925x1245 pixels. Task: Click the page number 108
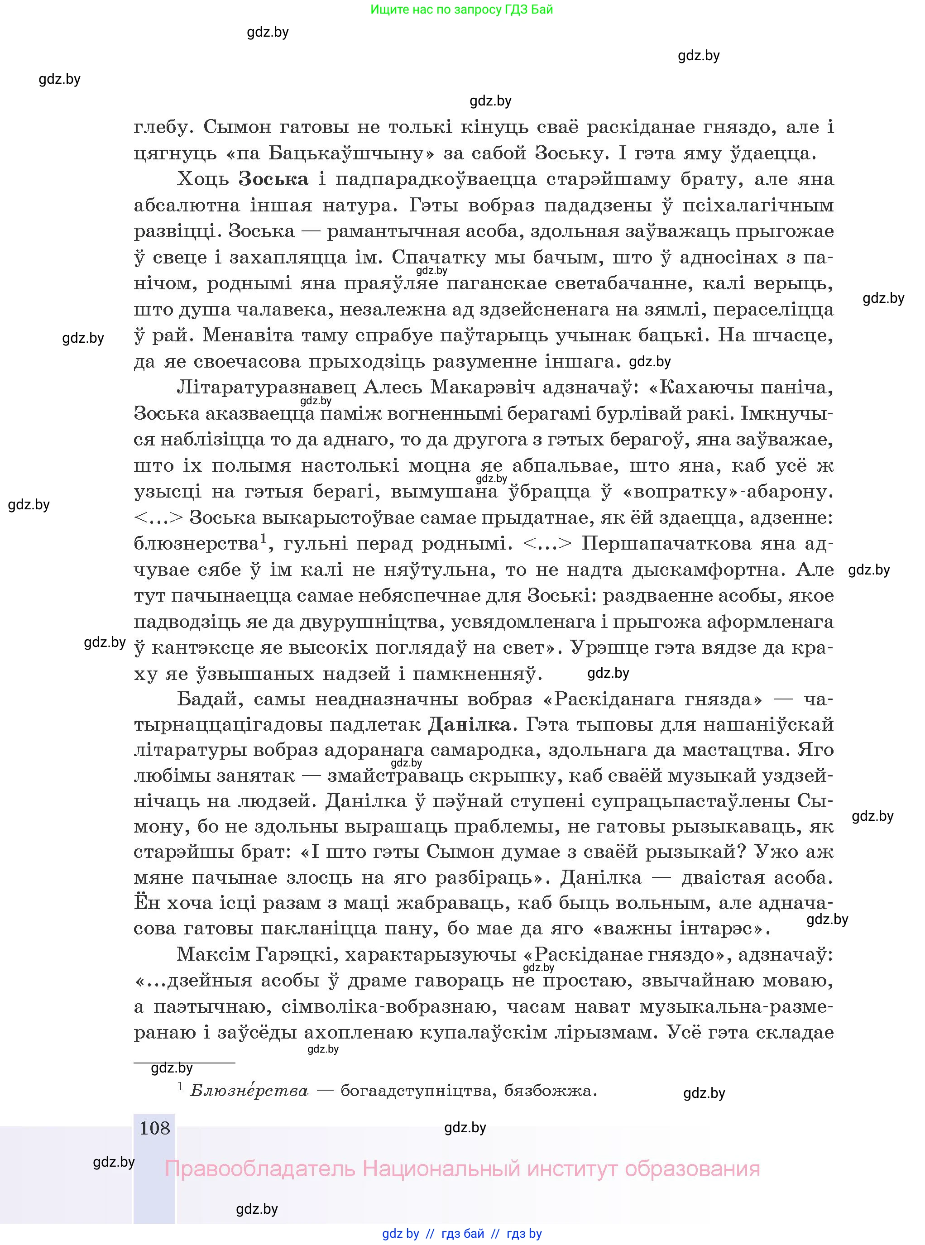(x=154, y=1127)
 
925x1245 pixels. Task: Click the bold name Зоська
(x=273, y=180)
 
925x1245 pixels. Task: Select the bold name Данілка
(x=469, y=725)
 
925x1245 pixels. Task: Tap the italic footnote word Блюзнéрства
(x=249, y=1091)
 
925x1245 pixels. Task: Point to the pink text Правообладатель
(x=260, y=1169)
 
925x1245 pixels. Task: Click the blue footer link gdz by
(x=400, y=1234)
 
